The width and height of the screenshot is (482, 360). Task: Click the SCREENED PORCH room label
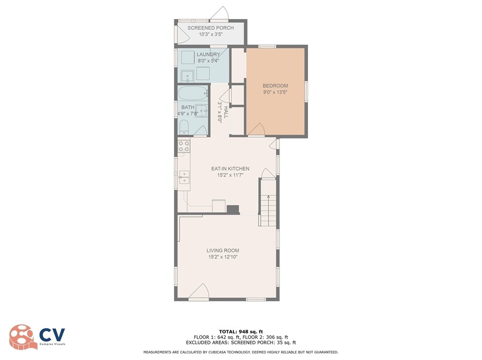[x=211, y=28]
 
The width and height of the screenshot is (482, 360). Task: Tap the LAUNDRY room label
[x=208, y=54]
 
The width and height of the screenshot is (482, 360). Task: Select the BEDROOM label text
[x=275, y=85]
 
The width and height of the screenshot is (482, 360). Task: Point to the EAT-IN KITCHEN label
[x=230, y=169]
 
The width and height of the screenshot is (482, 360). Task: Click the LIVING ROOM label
[x=223, y=250]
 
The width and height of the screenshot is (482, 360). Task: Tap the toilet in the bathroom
[x=184, y=127]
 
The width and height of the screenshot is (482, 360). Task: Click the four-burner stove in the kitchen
[x=184, y=146]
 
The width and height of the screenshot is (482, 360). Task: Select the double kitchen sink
[x=184, y=177]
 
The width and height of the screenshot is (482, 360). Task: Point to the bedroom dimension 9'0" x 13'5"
[x=275, y=92]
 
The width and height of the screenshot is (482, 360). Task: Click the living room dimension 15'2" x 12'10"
[x=223, y=257]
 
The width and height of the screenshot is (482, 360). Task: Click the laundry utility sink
[x=187, y=76]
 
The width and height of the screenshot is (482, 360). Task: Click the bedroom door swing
[x=256, y=129]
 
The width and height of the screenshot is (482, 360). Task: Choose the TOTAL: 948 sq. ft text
[x=241, y=332]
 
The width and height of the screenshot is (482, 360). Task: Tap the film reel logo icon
[x=21, y=337]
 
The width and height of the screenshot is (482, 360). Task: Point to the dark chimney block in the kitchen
[x=233, y=209]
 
